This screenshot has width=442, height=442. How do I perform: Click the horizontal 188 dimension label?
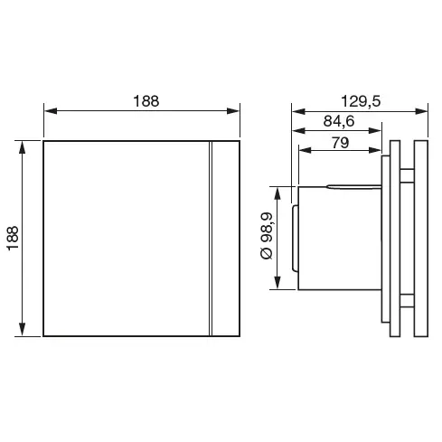146,101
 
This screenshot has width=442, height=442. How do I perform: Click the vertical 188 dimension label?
13,239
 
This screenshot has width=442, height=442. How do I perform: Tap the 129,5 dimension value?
361,101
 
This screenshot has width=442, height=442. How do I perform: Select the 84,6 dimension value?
339,121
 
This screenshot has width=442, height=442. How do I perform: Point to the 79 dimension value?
340,143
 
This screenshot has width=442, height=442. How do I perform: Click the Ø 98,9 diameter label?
267,236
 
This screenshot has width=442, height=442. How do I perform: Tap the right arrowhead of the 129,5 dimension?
421,111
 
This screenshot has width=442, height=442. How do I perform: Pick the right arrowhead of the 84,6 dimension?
375,131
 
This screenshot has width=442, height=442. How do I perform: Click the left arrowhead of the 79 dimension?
306,150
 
